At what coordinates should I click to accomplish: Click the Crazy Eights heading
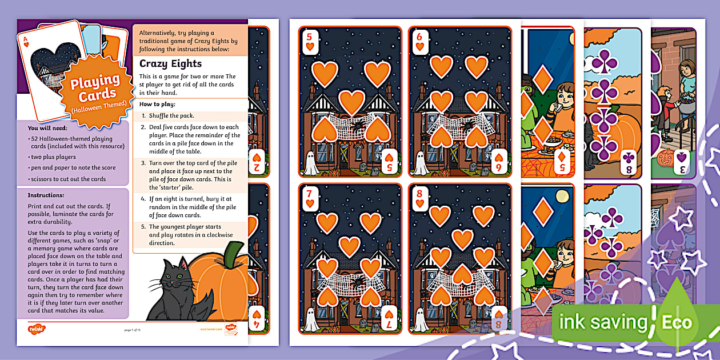tap(170, 63)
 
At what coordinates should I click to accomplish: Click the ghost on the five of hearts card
tap(311, 163)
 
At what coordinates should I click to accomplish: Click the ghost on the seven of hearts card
tap(311, 320)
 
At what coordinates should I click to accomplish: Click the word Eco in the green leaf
tap(676, 322)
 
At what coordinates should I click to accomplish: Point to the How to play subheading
tap(158, 104)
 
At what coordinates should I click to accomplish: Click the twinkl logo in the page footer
tap(35, 329)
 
